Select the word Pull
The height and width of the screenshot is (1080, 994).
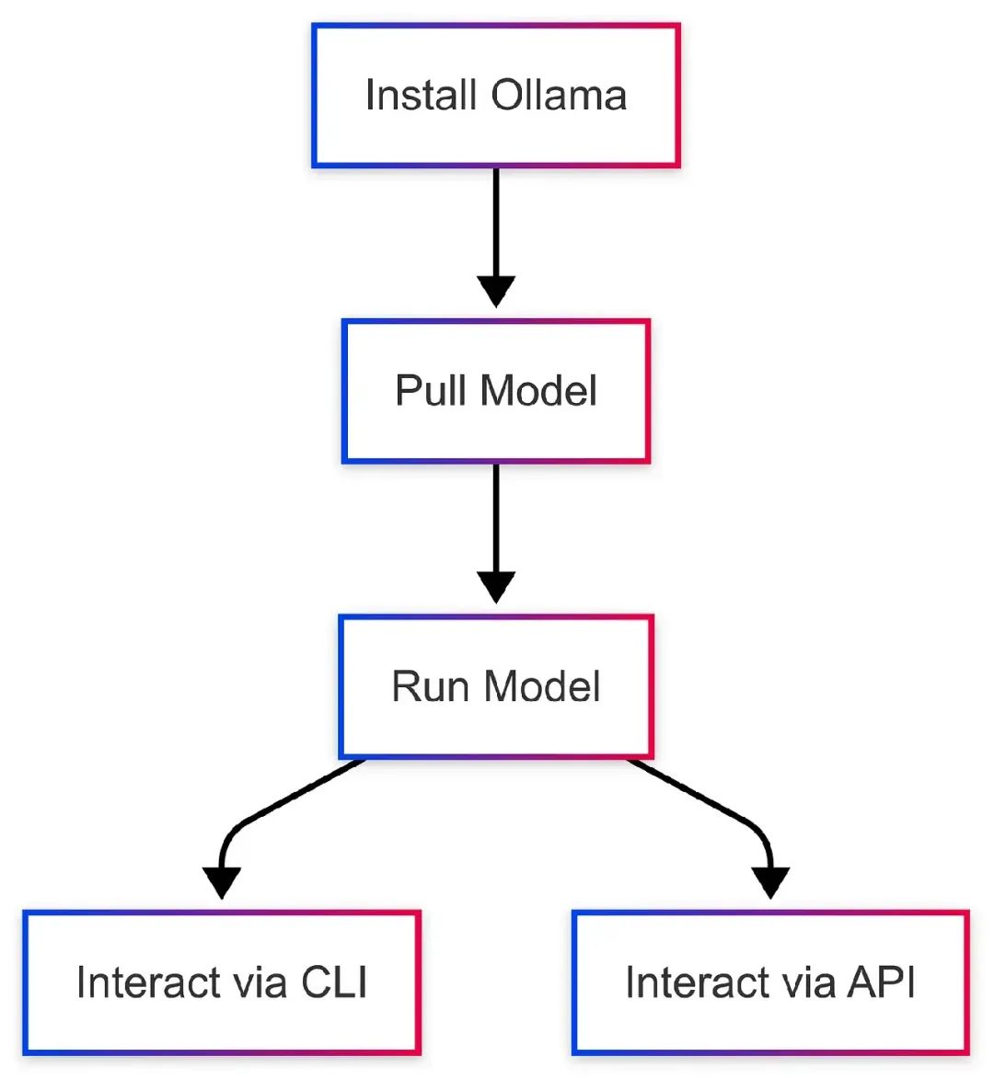point(431,391)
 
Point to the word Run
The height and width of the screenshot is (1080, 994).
point(430,687)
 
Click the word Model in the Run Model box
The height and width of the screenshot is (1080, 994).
point(542,687)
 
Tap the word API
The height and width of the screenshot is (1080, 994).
point(882,982)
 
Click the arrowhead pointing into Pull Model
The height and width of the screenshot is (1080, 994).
point(496,292)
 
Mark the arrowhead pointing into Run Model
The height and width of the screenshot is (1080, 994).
point(496,587)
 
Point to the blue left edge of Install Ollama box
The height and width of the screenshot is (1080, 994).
point(315,96)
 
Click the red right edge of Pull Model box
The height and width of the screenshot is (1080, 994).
point(648,391)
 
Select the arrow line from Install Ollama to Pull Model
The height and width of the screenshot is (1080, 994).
point(496,221)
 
